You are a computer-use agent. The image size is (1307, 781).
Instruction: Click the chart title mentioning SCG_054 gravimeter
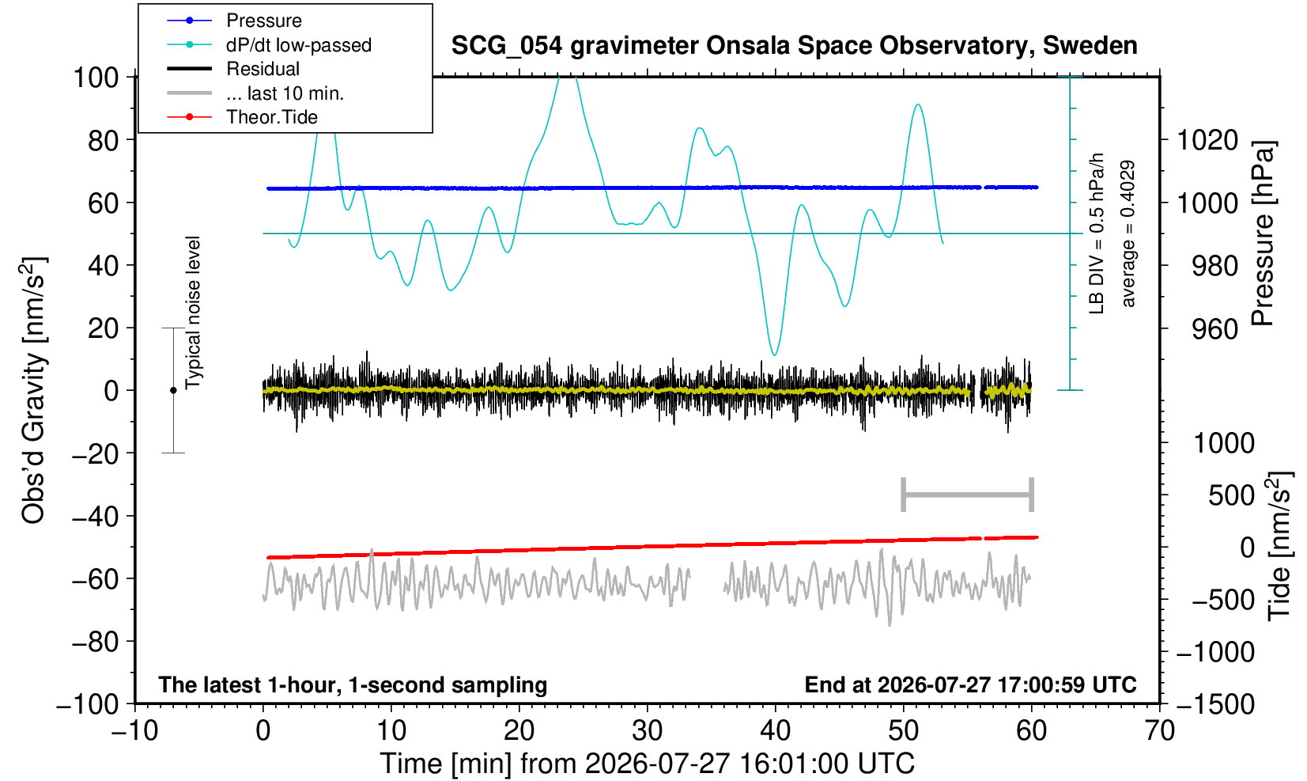pyautogui.click(x=794, y=45)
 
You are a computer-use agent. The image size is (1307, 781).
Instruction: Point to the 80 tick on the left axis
pyautogui.click(x=104, y=140)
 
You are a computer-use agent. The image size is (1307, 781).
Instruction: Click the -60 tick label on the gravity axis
pyautogui.click(x=95, y=579)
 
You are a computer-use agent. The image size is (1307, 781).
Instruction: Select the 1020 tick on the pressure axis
pyautogui.click(x=1207, y=140)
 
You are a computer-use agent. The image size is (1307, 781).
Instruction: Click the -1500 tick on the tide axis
pyautogui.click(x=1215, y=704)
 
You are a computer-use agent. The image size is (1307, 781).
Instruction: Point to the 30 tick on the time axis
pyautogui.click(x=647, y=730)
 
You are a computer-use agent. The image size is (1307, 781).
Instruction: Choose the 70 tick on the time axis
pyautogui.click(x=1159, y=730)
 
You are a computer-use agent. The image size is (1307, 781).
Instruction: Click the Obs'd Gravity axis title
pyautogui.click(x=33, y=390)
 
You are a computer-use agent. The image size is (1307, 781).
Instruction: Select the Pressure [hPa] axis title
pyautogui.click(x=1263, y=233)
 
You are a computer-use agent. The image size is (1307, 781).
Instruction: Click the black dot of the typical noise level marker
pyautogui.click(x=173, y=390)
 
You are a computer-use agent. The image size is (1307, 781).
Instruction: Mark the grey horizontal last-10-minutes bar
pyautogui.click(x=968, y=495)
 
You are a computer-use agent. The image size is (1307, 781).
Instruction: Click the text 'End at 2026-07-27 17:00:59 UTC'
pyautogui.click(x=970, y=684)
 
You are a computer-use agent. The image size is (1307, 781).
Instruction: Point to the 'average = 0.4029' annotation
pyautogui.click(x=1128, y=233)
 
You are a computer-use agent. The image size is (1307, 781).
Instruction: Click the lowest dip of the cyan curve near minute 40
pyautogui.click(x=774, y=354)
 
